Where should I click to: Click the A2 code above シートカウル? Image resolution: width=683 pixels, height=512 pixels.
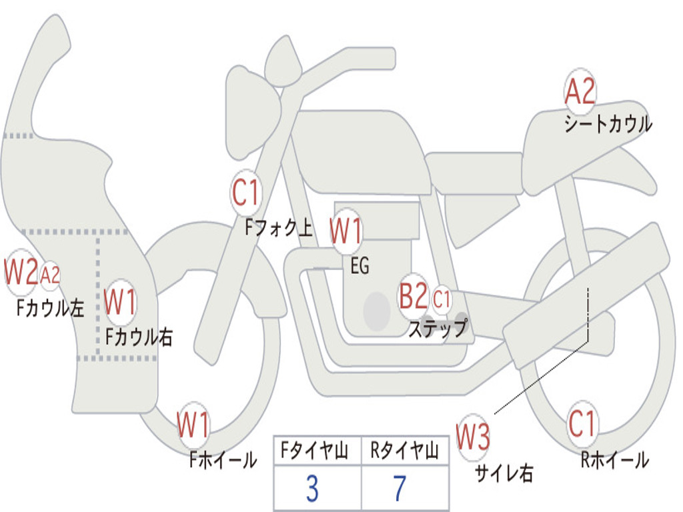coord(580,91)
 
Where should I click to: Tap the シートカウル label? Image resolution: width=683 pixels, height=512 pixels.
coord(608,124)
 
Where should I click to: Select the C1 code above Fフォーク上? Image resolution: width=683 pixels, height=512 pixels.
coord(245,193)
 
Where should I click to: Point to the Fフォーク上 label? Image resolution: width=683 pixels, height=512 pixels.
coord(279,227)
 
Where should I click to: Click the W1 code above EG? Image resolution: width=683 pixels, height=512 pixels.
coord(346,230)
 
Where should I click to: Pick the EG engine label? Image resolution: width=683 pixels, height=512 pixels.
coord(360,265)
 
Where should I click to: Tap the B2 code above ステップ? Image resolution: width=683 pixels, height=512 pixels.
coord(414,295)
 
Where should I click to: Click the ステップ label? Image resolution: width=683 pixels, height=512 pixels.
coord(438,327)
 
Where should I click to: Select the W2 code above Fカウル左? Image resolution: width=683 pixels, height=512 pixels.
coord(21,272)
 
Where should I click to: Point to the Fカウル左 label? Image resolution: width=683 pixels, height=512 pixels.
coord(50,308)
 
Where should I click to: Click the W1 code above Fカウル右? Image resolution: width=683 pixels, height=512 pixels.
coord(120,301)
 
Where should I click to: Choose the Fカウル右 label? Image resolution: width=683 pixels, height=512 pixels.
coord(139,337)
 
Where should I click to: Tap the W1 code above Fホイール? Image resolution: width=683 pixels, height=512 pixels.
coord(193,425)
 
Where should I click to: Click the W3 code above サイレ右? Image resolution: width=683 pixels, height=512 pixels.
coord(473,437)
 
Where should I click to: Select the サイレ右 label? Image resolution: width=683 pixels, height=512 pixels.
coord(504,473)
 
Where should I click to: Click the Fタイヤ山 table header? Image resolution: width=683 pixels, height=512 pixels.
coord(314,450)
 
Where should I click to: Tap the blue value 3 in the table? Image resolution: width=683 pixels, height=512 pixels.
coord(312,489)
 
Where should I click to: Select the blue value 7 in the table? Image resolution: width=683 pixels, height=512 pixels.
coord(400,489)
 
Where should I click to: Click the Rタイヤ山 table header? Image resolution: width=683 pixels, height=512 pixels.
coord(405,450)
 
